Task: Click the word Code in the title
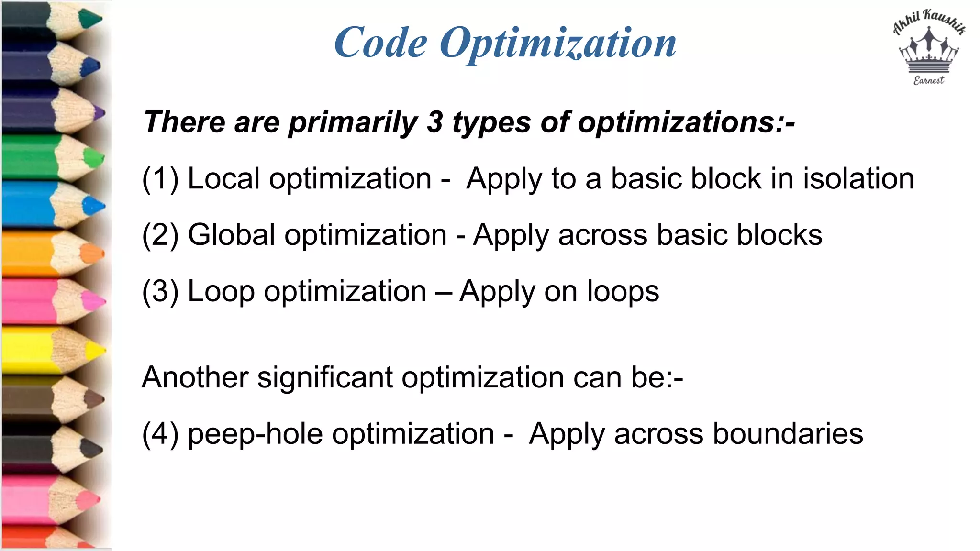(381, 43)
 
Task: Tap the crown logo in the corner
(929, 51)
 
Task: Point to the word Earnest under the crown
(929, 80)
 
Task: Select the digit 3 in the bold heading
(434, 122)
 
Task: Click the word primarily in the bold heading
(353, 123)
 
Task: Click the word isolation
(858, 178)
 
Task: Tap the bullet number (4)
(160, 434)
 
